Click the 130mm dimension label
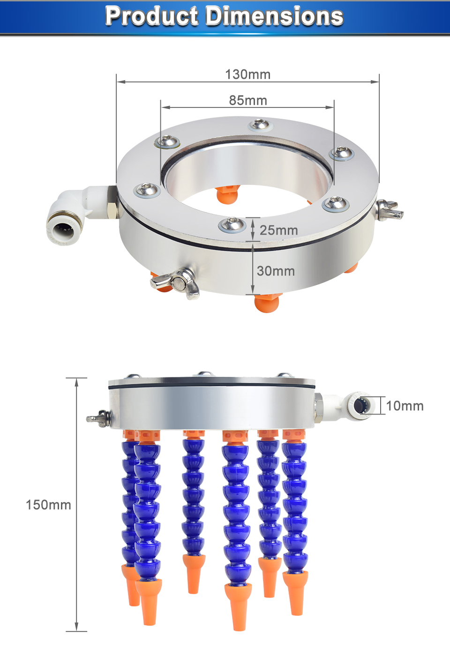click(247, 75)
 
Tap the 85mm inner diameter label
click(247, 100)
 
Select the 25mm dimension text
click(278, 230)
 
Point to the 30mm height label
click(276, 271)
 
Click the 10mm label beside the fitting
click(405, 406)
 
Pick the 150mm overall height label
click(48, 505)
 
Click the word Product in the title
click(151, 16)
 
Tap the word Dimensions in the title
click(274, 16)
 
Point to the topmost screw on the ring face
click(259, 124)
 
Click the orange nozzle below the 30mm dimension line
click(268, 302)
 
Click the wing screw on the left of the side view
click(98, 417)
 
